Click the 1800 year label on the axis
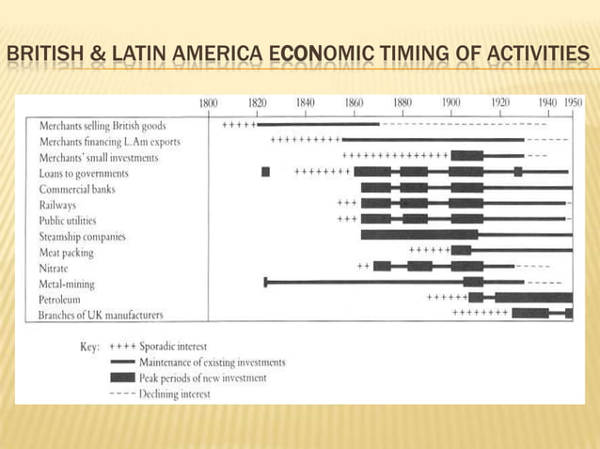point(208,102)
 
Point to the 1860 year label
point(354,102)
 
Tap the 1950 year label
point(573,102)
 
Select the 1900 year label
point(450,102)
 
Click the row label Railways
point(57,205)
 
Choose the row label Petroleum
point(59,300)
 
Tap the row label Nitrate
point(54,268)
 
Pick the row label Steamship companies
point(82,237)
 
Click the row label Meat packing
point(67,253)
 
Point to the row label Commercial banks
point(76,189)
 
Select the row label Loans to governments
point(84,174)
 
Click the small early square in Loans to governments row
point(265,172)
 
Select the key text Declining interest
point(175,393)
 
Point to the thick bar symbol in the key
point(123,378)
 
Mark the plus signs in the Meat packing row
point(429,250)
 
